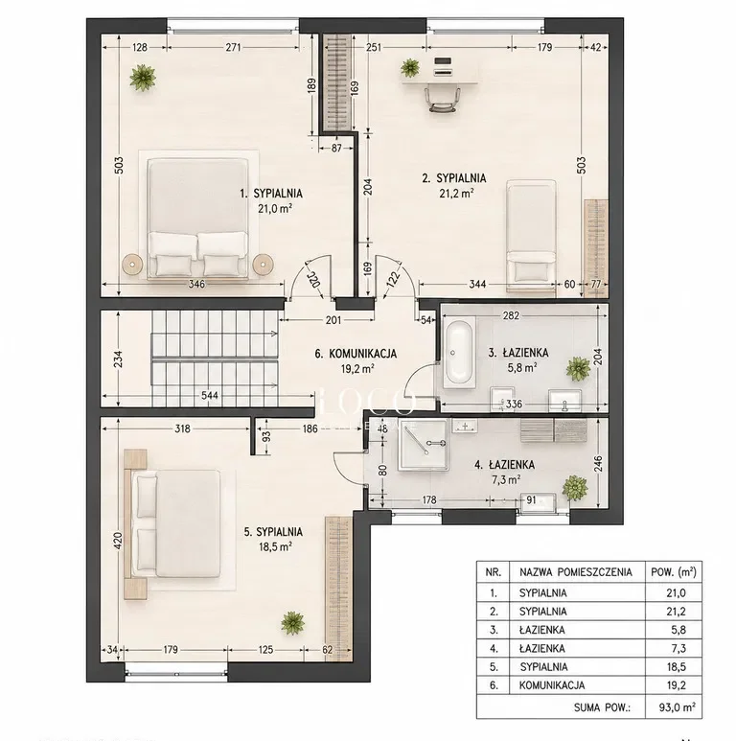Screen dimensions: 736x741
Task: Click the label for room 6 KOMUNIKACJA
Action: coord(356,354)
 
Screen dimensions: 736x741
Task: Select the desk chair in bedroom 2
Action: coord(443,100)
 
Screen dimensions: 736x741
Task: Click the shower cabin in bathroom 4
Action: coord(423,445)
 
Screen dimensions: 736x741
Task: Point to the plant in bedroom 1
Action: coord(143,78)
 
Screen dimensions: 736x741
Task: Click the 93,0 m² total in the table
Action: coord(677,707)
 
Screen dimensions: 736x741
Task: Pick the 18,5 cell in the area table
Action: coord(676,667)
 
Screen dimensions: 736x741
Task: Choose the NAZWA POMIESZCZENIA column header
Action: coord(575,572)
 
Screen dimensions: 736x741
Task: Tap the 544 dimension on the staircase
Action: coord(210,395)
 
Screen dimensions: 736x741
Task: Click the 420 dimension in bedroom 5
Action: coord(118,541)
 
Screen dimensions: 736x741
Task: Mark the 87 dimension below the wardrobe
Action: coord(335,148)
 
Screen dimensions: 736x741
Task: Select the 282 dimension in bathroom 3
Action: coord(511,315)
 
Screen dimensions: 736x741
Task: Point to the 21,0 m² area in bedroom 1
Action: coord(275,208)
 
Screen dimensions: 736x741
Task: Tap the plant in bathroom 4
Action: coord(575,487)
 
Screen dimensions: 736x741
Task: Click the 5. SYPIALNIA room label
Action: coord(273,532)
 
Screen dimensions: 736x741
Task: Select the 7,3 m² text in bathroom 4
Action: coord(506,479)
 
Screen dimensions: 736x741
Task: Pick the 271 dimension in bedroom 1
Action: coord(233,47)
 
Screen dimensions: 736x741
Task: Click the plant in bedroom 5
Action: coord(292,623)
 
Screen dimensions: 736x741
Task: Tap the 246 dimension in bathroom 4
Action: coord(598,464)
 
